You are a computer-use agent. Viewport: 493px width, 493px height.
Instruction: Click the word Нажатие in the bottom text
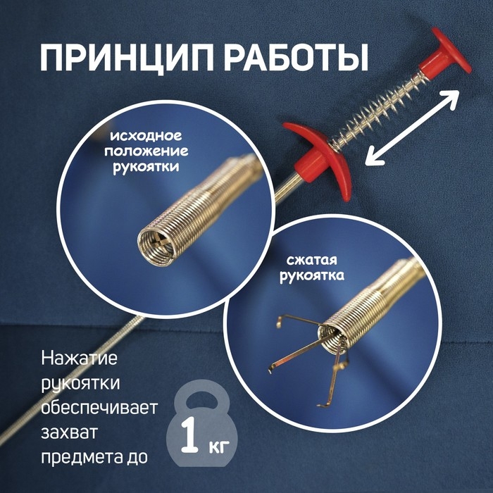(79, 359)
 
